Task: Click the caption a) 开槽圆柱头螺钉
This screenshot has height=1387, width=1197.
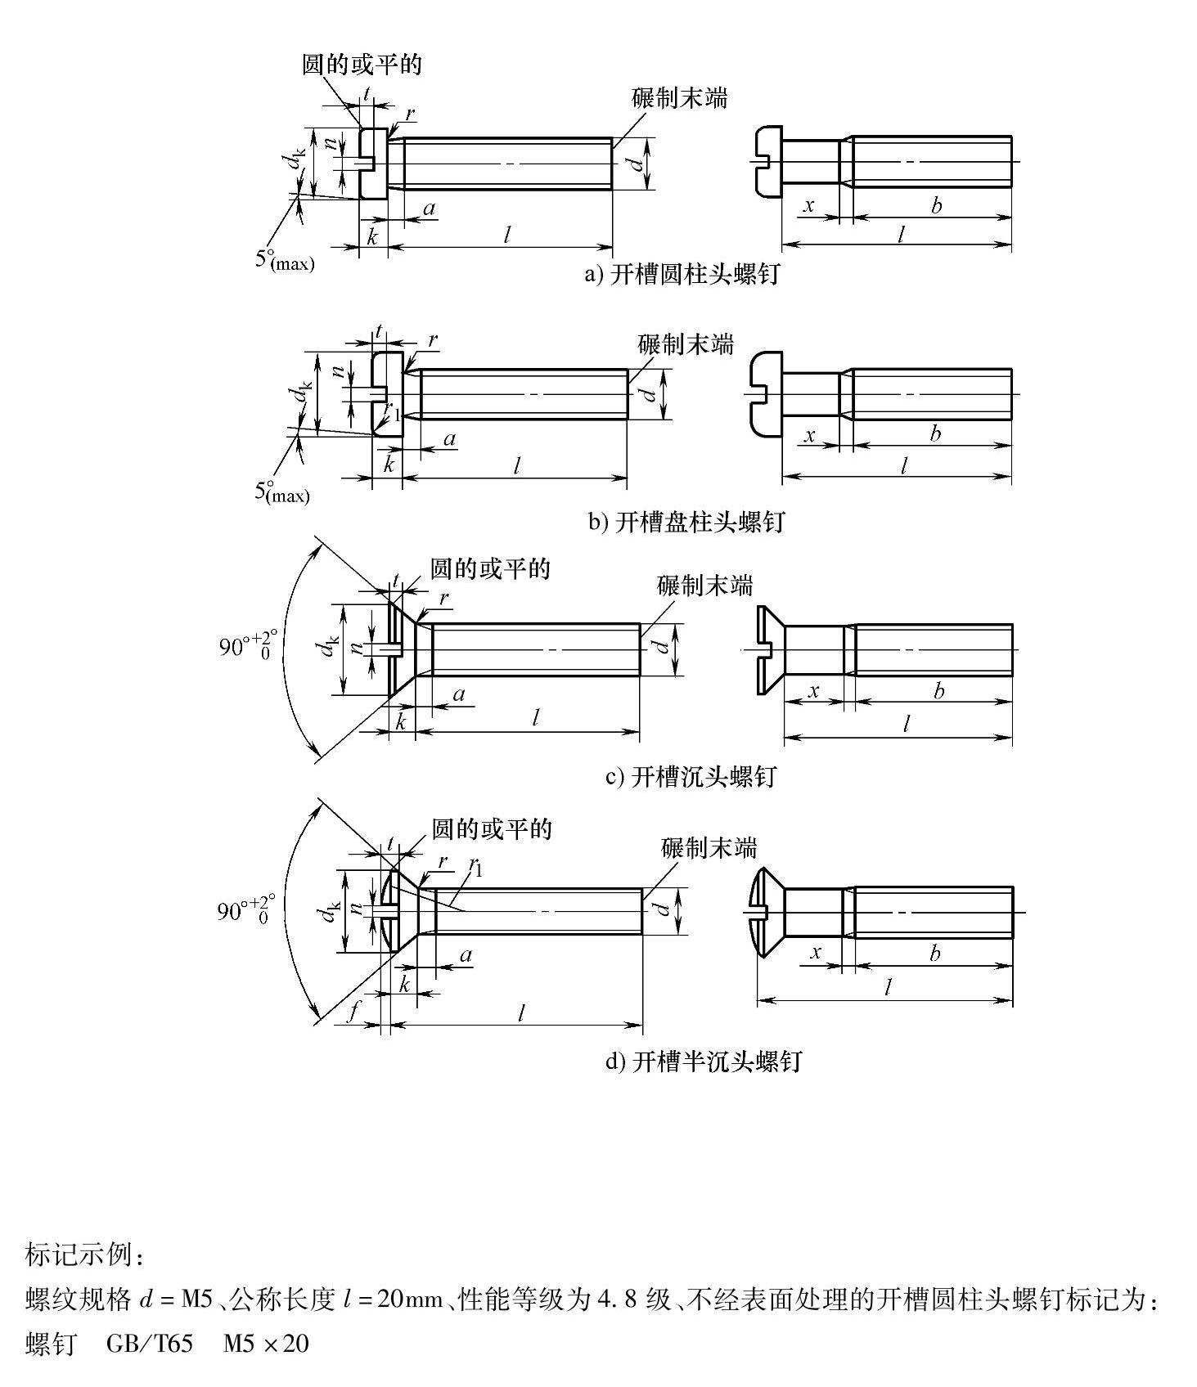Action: point(681,275)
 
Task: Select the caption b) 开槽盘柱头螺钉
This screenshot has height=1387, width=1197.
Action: point(686,521)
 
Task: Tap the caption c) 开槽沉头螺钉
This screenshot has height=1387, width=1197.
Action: point(690,776)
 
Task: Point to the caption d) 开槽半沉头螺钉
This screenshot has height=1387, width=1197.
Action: point(703,1062)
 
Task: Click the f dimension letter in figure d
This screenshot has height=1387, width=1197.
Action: point(353,1012)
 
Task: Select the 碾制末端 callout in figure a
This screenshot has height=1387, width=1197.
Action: point(679,98)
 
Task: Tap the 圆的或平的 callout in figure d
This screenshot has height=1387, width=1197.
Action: point(492,829)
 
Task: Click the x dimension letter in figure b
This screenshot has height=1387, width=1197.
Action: point(810,435)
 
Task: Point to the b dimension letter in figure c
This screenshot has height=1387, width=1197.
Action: point(938,691)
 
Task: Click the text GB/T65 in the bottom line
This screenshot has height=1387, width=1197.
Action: point(150,1344)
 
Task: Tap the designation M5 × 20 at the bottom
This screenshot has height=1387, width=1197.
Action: point(266,1344)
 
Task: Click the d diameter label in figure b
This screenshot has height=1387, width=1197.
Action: point(648,393)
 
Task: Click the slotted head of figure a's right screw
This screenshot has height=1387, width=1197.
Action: point(768,162)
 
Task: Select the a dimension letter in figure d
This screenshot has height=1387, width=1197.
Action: point(466,954)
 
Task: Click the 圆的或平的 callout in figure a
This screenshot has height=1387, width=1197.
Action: point(362,64)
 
